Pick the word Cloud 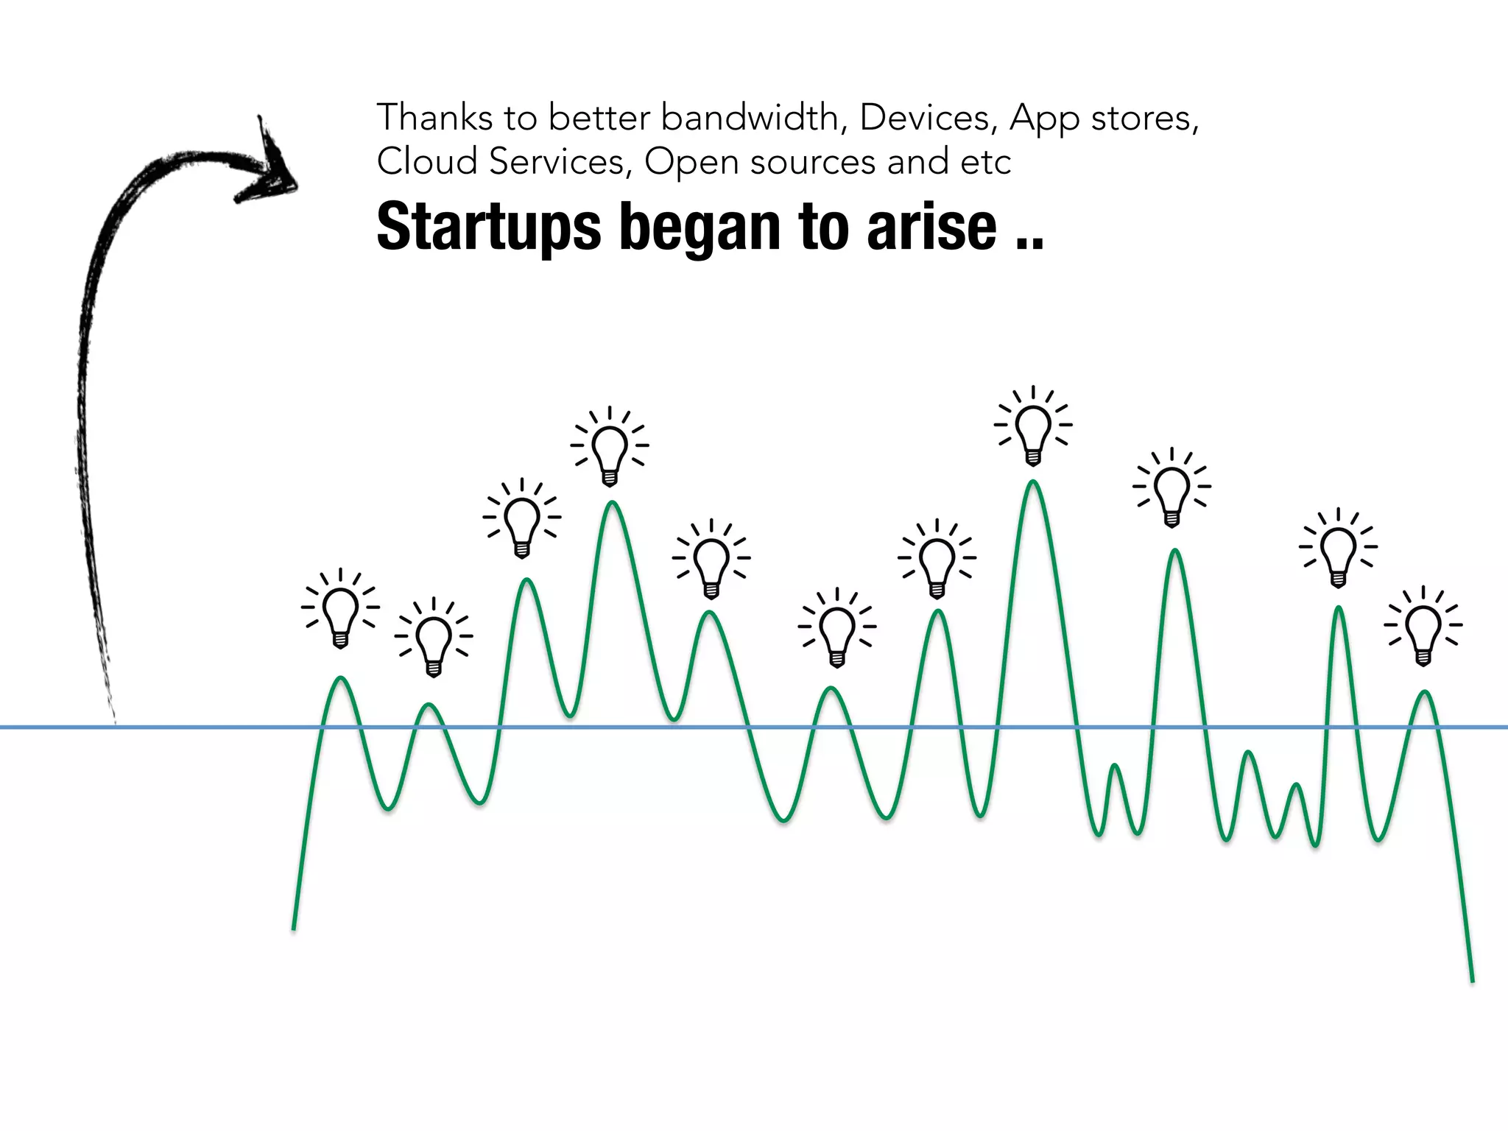427,162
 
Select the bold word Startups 489,228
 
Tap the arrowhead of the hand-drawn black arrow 274,169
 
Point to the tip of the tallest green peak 1033,482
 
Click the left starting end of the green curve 294,929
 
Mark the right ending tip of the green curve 1472,982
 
